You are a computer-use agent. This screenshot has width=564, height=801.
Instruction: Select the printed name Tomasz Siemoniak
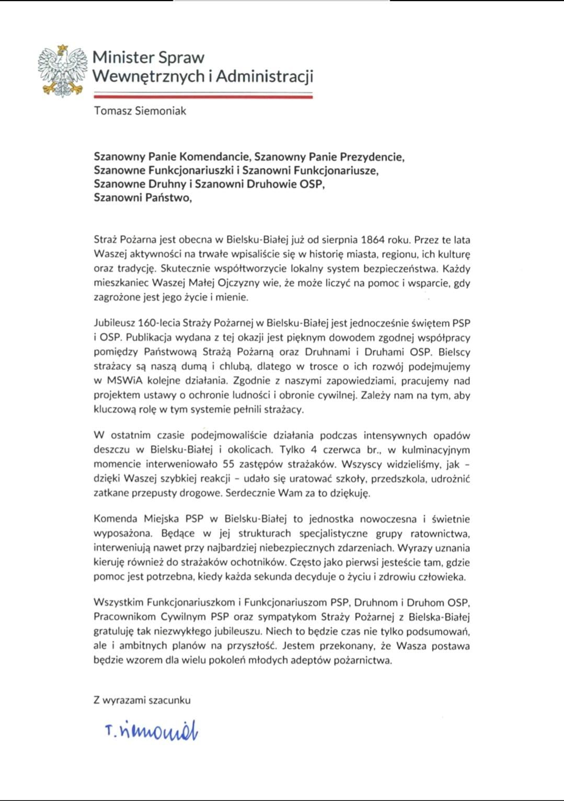coord(140,111)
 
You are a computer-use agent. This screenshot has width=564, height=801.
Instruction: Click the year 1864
coord(374,240)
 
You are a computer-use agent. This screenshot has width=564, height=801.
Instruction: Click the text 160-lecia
coord(158,323)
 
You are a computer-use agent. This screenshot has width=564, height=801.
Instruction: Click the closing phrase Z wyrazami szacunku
coord(142,700)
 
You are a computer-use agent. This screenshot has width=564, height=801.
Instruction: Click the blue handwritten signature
coord(152,731)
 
